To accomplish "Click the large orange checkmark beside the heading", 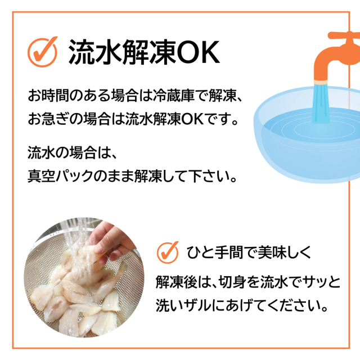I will pyautogui.click(x=43, y=51).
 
